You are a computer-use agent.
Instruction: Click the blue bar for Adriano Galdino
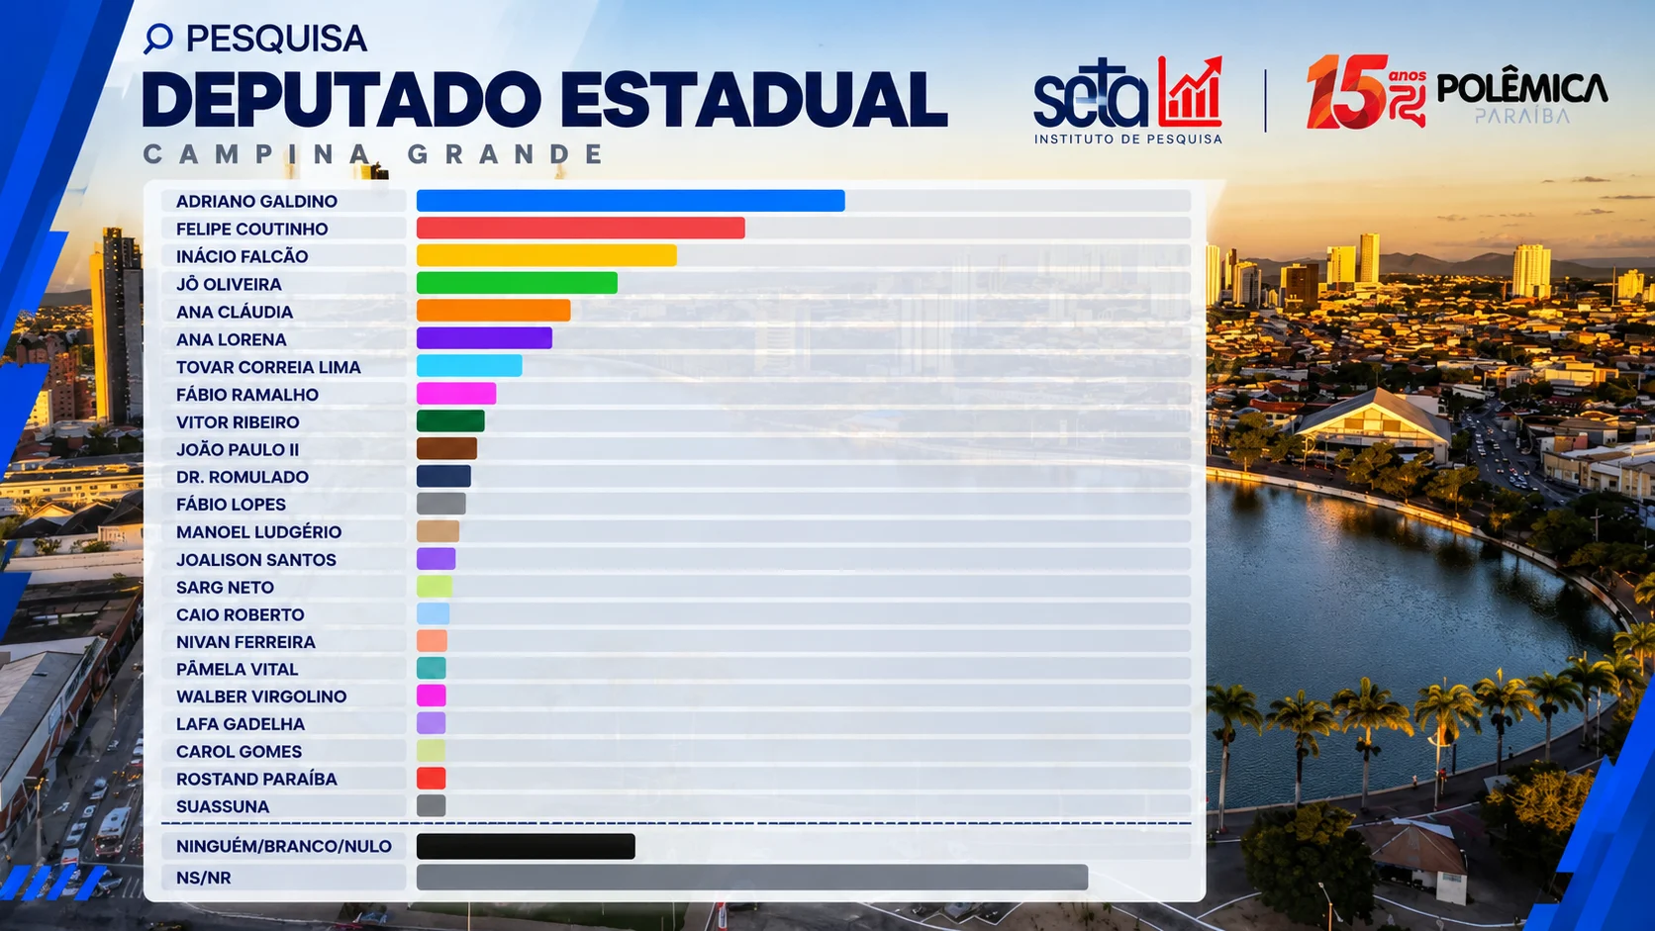click(631, 201)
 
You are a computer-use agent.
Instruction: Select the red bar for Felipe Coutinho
click(581, 229)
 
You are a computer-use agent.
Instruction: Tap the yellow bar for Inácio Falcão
click(546, 255)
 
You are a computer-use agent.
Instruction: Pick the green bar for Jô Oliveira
click(517, 283)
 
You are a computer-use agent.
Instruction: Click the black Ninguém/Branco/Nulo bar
click(526, 846)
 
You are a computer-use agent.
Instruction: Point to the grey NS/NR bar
click(752, 878)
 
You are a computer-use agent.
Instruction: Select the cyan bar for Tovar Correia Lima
click(469, 365)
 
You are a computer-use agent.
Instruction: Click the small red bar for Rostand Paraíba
click(432, 779)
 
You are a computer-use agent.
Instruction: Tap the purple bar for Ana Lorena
click(484, 338)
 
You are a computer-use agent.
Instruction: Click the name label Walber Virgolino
click(261, 697)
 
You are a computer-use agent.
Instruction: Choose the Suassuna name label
click(223, 806)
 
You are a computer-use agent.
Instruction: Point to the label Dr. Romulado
click(243, 477)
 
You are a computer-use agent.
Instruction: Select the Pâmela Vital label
click(238, 669)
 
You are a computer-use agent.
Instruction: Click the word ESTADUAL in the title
click(753, 100)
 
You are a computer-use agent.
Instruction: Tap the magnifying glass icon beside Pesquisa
click(158, 38)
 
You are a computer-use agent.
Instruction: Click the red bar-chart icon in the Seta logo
click(1190, 92)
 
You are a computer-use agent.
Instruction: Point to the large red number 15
click(1347, 92)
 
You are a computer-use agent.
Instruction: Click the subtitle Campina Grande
click(374, 154)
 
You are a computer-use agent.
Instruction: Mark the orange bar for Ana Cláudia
click(494, 310)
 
